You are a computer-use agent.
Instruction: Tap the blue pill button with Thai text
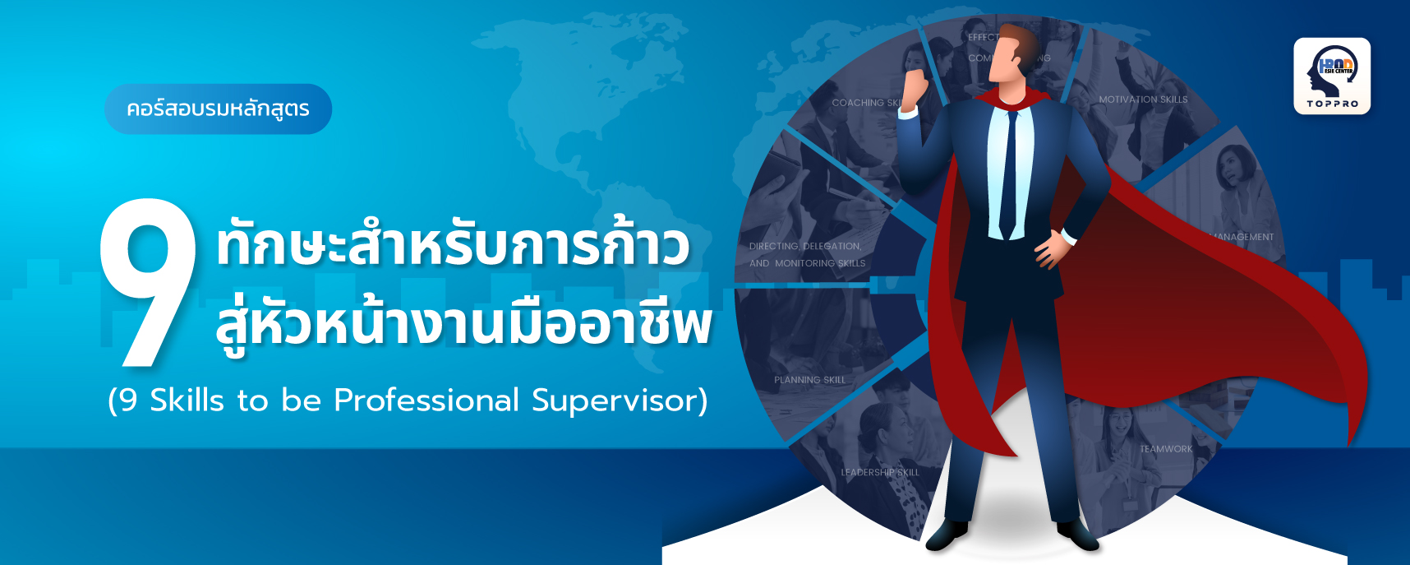[x=218, y=109]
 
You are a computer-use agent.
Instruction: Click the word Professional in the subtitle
[x=426, y=401]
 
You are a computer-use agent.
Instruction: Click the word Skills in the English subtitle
[x=187, y=401]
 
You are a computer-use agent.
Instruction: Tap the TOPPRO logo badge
[x=1332, y=76]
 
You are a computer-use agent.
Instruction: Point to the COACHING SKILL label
[x=868, y=103]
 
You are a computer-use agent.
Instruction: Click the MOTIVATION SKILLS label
[x=1143, y=100]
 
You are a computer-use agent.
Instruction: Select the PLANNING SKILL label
[x=809, y=380]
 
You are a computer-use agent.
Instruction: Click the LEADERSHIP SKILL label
[x=880, y=472]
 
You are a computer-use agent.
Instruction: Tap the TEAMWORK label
[x=1166, y=449]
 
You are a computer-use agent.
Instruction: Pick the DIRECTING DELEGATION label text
[x=805, y=246]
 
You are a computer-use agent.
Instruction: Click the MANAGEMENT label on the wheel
[x=1243, y=237]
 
